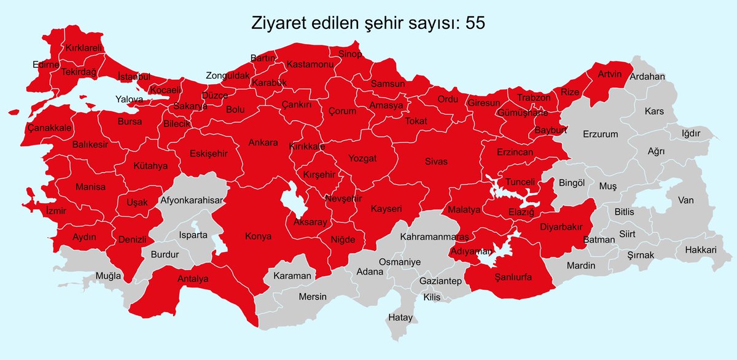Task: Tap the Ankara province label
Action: point(263,143)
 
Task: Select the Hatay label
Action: point(400,318)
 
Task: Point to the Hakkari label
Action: point(701,250)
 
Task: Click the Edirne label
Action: point(46,65)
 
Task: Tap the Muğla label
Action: point(108,276)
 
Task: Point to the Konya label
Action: point(258,236)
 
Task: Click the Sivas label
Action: point(436,161)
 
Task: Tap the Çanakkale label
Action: point(50,128)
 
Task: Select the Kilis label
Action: point(432,297)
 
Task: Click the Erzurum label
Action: point(601,134)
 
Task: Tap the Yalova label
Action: point(129,99)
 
